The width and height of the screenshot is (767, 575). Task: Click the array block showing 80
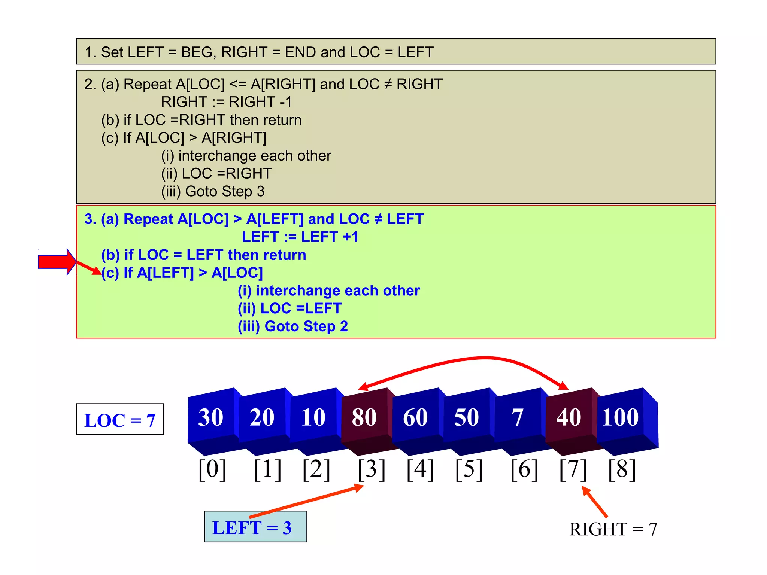[364, 417]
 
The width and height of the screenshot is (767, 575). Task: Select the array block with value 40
[569, 417]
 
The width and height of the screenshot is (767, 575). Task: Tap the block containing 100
[620, 417]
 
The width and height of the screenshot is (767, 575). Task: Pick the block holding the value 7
[518, 417]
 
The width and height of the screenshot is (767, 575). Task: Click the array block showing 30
[211, 417]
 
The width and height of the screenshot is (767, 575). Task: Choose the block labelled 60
[415, 417]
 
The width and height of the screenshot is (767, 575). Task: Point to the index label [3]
[372, 469]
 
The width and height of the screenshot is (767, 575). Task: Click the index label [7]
[573, 469]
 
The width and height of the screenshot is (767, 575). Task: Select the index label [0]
[212, 469]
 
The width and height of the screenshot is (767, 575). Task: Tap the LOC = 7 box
[120, 419]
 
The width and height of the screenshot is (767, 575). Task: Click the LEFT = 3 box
[255, 527]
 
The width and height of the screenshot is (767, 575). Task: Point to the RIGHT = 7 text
[613, 529]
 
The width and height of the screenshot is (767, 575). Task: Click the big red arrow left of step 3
[56, 262]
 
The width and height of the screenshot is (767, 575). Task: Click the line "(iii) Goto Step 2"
[293, 326]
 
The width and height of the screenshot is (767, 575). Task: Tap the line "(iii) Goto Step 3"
[213, 192]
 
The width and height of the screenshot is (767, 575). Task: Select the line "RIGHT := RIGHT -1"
[226, 102]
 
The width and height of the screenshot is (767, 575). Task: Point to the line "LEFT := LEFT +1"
[300, 237]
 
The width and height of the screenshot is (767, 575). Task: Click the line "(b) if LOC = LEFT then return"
[204, 255]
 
